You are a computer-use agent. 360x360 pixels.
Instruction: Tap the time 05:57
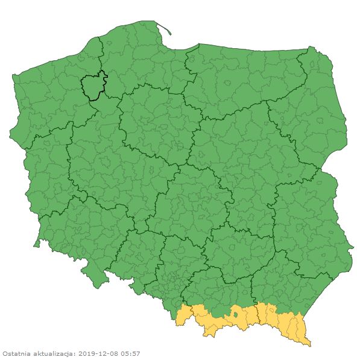[131, 353]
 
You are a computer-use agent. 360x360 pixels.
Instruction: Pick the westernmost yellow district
[183, 316]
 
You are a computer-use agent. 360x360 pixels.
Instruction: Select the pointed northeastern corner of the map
[311, 48]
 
